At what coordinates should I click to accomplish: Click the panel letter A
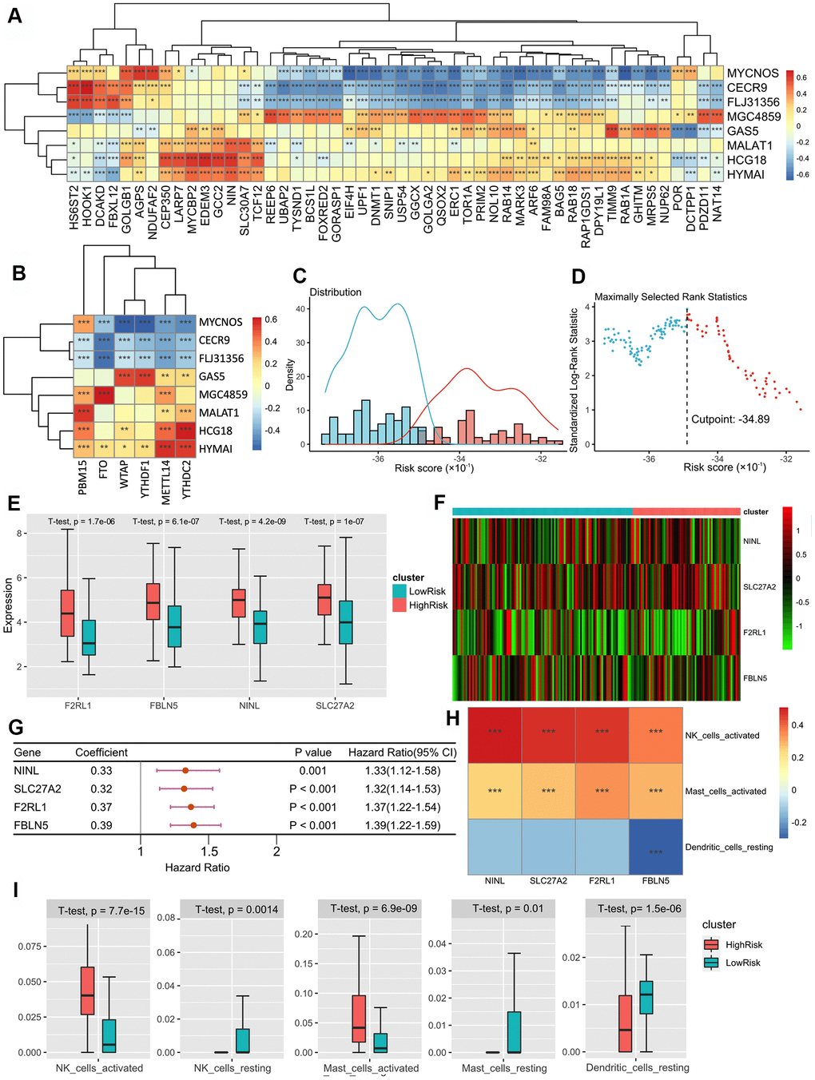pyautogui.click(x=14, y=14)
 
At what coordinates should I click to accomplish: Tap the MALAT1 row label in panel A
pyautogui.click(x=749, y=145)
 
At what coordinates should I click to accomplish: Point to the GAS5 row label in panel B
pyautogui.click(x=212, y=376)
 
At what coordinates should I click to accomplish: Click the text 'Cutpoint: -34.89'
pyautogui.click(x=730, y=419)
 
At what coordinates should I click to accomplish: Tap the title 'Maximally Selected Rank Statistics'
pyautogui.click(x=670, y=296)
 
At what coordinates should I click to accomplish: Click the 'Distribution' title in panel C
pyautogui.click(x=336, y=292)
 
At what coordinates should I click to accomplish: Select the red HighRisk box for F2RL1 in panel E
pyautogui.click(x=68, y=613)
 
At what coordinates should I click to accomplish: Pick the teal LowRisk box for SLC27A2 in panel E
pyautogui.click(x=345, y=621)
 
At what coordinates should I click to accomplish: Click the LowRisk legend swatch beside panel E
pyautogui.click(x=400, y=591)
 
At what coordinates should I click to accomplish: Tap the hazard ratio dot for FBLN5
pyautogui.click(x=193, y=825)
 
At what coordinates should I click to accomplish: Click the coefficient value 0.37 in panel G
pyautogui.click(x=101, y=808)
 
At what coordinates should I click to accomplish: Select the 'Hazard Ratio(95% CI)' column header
pyautogui.click(x=402, y=752)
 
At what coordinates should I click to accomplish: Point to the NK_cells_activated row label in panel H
pyautogui.click(x=722, y=736)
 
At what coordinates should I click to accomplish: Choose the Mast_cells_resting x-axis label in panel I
pyautogui.click(x=504, y=1068)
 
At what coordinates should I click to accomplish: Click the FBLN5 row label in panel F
pyautogui.click(x=754, y=678)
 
